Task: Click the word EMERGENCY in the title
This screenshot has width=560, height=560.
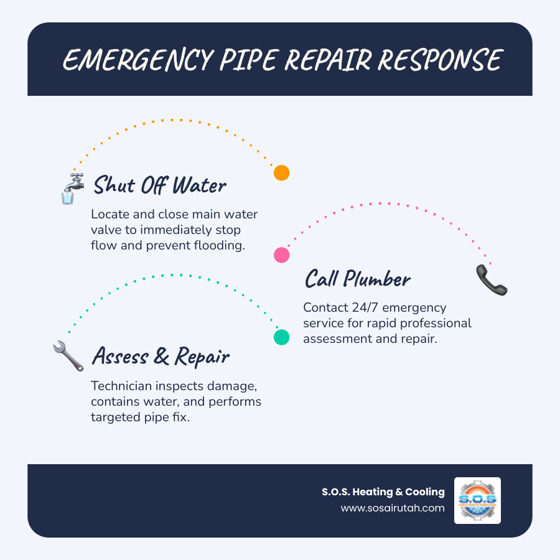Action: click(127, 60)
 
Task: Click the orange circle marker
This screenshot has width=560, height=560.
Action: click(282, 173)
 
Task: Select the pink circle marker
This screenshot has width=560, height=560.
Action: click(282, 254)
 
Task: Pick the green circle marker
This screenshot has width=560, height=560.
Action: click(282, 337)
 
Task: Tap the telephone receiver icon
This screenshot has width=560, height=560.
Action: click(492, 279)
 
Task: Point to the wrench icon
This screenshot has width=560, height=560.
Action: click(68, 357)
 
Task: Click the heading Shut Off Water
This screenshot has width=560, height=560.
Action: click(159, 185)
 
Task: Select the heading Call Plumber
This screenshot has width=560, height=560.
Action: click(357, 279)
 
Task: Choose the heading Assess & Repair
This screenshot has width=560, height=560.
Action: click(161, 357)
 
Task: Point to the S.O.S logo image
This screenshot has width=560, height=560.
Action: click(477, 500)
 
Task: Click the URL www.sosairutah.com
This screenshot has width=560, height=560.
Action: click(393, 508)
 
